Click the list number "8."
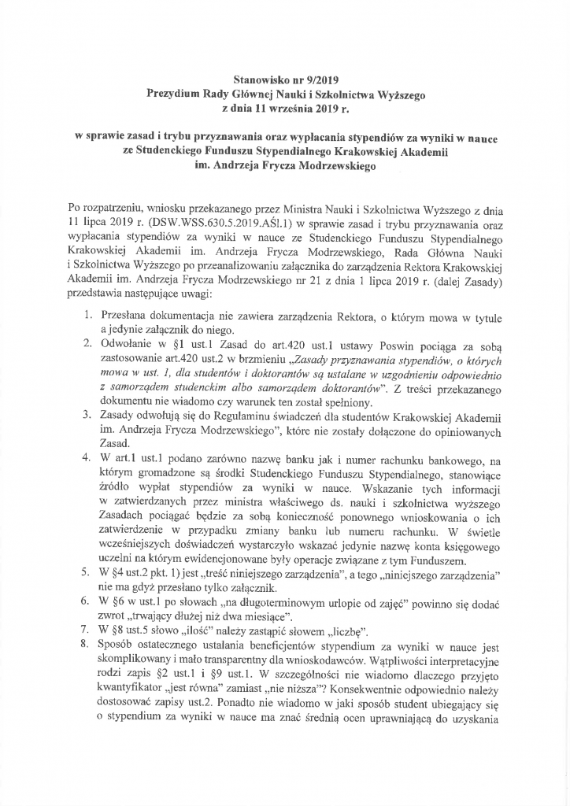[89, 646]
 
